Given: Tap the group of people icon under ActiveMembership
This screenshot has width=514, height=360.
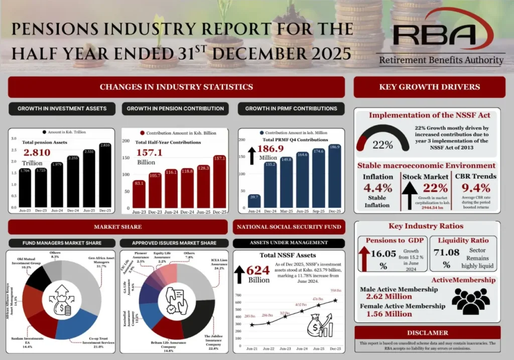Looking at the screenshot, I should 470,300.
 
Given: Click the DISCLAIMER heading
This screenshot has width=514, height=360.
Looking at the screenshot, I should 427,332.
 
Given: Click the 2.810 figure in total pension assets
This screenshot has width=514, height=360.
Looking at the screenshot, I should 37,152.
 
